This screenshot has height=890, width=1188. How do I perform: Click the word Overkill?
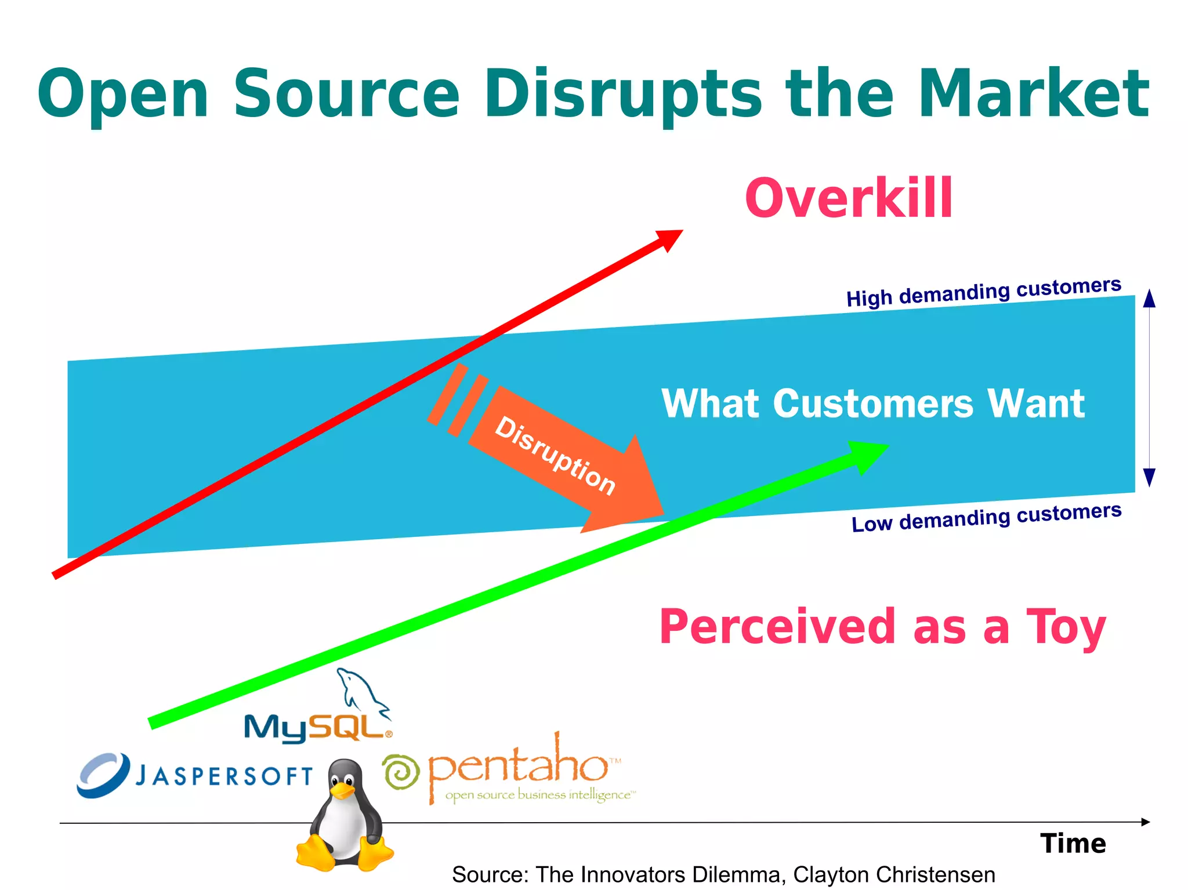pyautogui.click(x=848, y=198)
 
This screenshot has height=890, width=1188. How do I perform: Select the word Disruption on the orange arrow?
pyautogui.click(x=555, y=456)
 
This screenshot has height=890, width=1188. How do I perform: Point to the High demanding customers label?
pyautogui.click(x=983, y=292)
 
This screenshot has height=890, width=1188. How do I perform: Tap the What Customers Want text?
pyautogui.click(x=873, y=404)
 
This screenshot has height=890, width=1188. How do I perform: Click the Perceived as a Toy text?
pyautogui.click(x=882, y=627)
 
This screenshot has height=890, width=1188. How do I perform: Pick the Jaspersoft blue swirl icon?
pyautogui.click(x=103, y=775)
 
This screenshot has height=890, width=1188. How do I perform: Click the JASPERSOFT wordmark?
pyautogui.click(x=224, y=776)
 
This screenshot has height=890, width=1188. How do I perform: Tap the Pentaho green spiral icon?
pyautogui.click(x=401, y=772)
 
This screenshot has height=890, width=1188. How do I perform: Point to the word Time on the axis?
pyautogui.click(x=1073, y=844)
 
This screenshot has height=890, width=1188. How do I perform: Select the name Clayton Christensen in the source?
pyautogui.click(x=894, y=874)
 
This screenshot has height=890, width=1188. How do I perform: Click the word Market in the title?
pyautogui.click(x=1033, y=94)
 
